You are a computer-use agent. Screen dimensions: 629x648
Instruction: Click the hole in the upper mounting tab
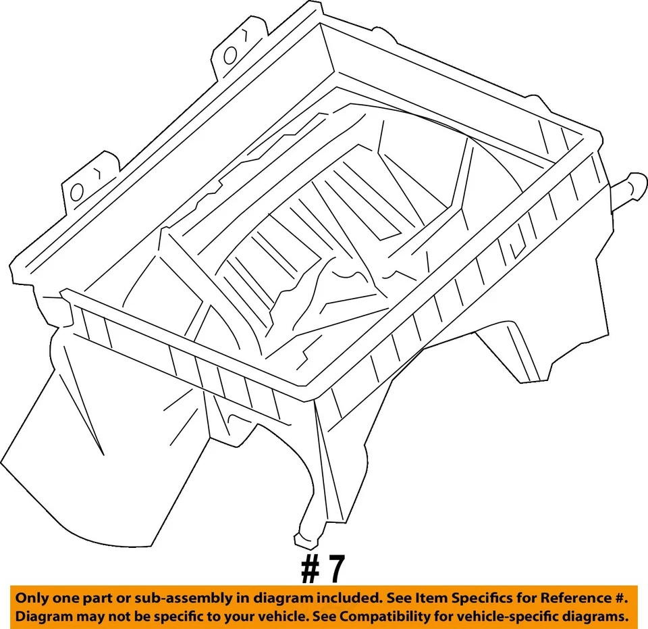point(231,54)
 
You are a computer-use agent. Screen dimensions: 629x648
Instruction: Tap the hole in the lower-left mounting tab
point(77,192)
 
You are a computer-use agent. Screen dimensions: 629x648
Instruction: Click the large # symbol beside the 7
point(310,570)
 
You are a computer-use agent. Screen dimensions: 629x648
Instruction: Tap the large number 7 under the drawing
point(335,570)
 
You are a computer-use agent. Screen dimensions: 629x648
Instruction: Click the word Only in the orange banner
point(32,598)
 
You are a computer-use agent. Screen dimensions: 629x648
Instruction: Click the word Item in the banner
point(426,598)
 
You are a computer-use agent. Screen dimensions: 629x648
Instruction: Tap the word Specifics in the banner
point(476,598)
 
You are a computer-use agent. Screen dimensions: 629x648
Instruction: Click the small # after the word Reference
point(620,598)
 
